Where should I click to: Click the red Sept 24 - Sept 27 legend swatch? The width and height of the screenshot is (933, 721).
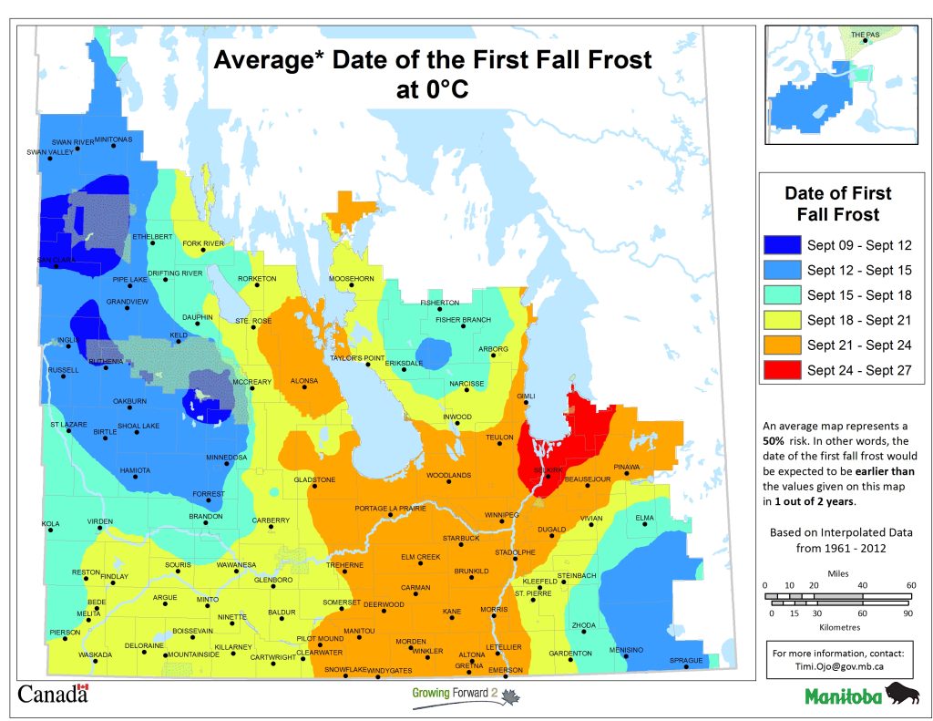pos(782,370)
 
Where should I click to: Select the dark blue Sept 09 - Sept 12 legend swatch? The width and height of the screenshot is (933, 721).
pos(782,244)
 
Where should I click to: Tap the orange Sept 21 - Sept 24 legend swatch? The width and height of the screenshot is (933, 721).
pos(782,345)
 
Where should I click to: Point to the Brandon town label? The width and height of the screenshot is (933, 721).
pos(205,517)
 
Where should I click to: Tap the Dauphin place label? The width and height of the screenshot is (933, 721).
pos(197,317)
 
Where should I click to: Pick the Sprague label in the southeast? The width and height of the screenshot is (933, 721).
pos(686,660)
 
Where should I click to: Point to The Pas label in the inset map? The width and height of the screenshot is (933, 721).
pos(867,36)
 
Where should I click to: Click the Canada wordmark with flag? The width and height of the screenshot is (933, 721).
pos(53,694)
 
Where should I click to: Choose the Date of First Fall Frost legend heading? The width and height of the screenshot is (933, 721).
pos(837,204)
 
